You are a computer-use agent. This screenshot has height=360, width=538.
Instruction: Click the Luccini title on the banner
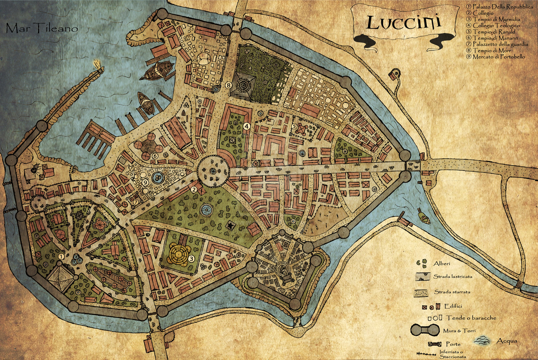point(403,23)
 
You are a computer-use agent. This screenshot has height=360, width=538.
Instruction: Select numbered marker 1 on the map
point(61,256)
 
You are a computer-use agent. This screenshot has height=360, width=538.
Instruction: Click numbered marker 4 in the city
point(247,126)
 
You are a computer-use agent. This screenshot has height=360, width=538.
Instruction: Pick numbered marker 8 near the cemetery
point(229,85)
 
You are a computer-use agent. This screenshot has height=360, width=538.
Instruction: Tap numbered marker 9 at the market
point(145,182)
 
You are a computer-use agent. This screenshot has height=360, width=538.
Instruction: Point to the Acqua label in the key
point(507,341)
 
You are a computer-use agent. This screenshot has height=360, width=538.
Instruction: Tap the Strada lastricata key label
point(453,277)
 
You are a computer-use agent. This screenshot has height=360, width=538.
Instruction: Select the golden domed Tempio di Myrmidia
point(179,254)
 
